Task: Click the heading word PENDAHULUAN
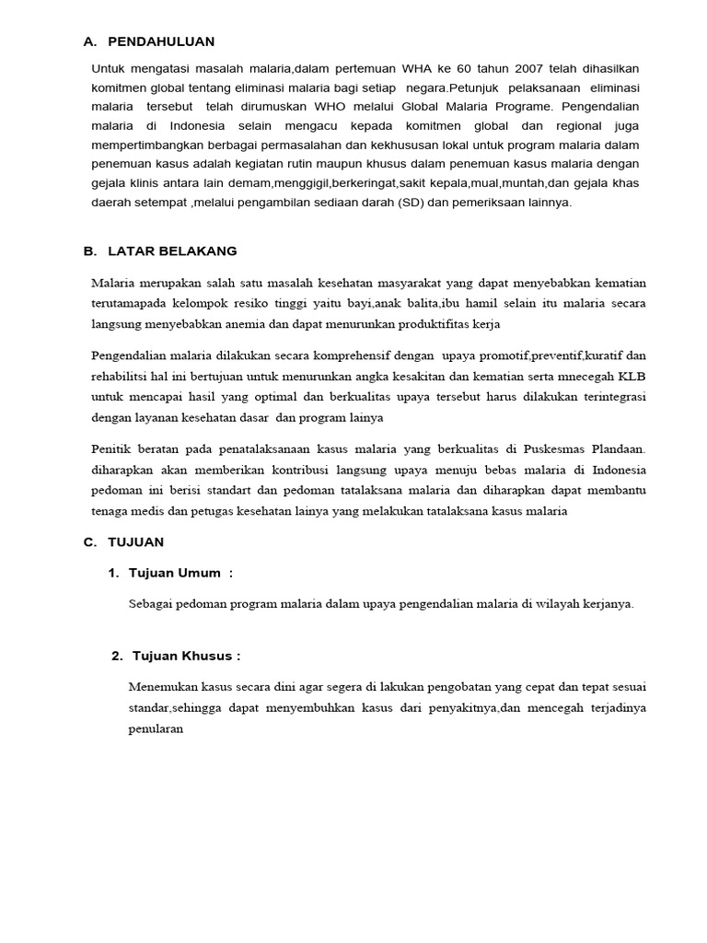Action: (x=161, y=41)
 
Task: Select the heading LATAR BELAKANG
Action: (x=172, y=250)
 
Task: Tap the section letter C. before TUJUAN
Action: (x=89, y=542)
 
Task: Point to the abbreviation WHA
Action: (x=412, y=69)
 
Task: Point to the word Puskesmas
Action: (x=556, y=449)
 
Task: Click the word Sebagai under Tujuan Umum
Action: (x=154, y=604)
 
